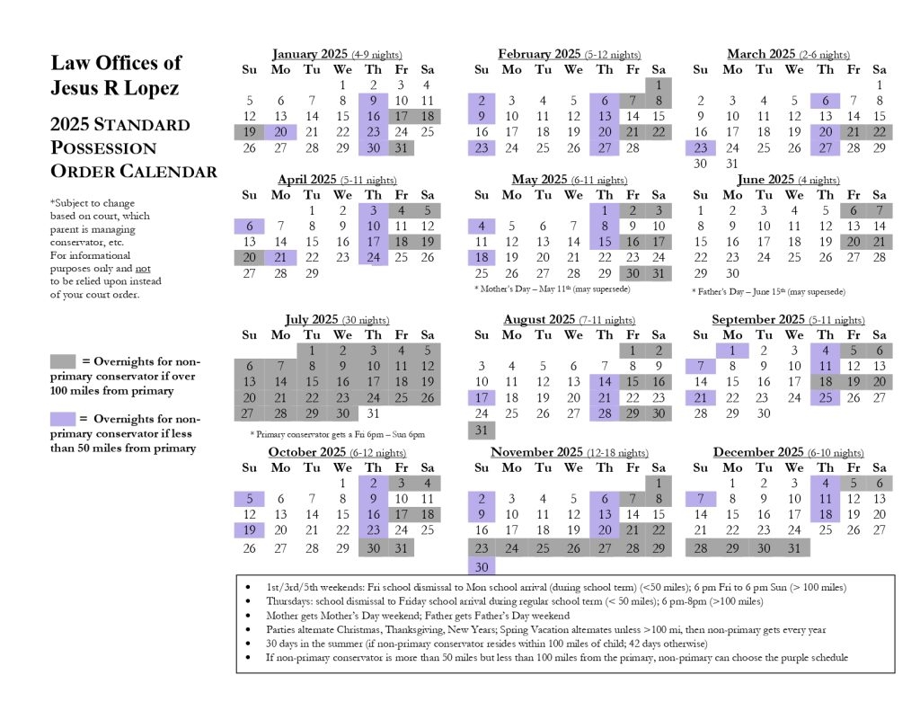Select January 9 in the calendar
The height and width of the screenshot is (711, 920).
(373, 101)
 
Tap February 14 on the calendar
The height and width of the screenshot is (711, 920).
(632, 116)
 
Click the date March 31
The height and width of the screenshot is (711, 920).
(732, 164)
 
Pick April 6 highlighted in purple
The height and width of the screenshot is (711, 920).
(250, 227)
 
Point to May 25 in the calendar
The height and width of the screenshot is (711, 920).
(482, 273)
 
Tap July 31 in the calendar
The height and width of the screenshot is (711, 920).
(373, 414)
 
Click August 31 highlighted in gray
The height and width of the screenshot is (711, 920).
(482, 430)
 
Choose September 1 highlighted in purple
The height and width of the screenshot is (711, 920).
(732, 351)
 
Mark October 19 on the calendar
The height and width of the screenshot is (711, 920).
(250, 530)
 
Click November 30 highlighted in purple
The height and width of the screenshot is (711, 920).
(482, 566)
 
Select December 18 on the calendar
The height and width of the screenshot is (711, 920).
(825, 514)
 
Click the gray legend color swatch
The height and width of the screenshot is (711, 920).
(62, 361)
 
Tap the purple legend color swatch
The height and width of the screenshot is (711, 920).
(62, 418)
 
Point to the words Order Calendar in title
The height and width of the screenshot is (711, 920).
(134, 171)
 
